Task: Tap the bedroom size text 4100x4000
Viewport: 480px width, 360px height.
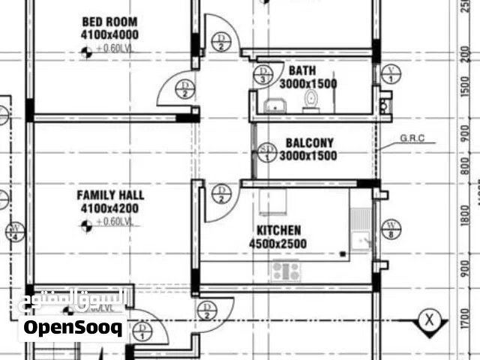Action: [x=111, y=34]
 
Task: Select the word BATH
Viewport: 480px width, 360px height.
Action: [x=302, y=71]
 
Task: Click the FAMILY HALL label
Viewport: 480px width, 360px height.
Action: [x=111, y=196]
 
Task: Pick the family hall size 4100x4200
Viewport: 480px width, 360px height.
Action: [x=111, y=208]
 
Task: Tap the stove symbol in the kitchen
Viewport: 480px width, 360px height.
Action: [x=286, y=270]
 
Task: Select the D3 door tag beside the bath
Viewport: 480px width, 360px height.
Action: [x=263, y=74]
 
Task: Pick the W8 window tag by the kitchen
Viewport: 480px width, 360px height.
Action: [x=391, y=229]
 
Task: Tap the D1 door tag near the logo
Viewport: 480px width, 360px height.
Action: [x=144, y=331]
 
